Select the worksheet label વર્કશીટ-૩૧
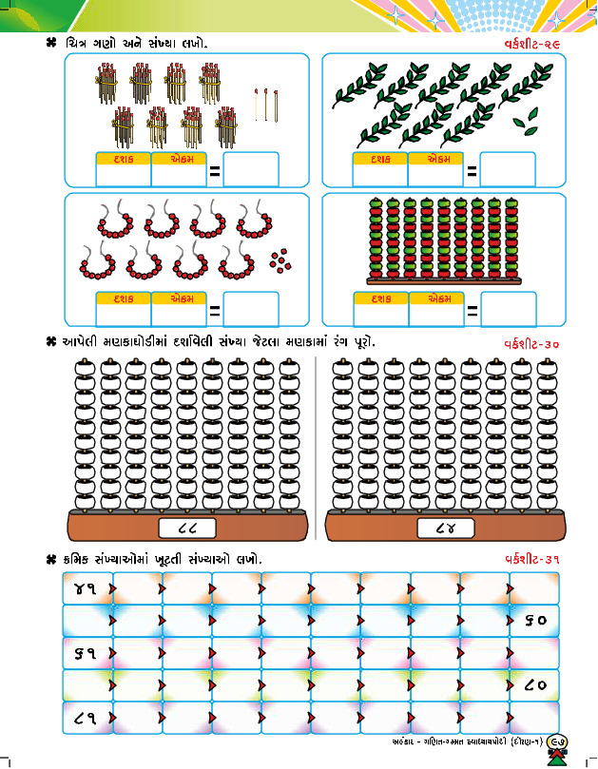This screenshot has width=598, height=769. click(531, 559)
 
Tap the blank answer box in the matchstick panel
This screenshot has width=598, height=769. click(251, 170)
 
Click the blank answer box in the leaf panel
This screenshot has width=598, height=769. click(508, 170)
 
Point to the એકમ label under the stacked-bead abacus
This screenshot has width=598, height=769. click(436, 298)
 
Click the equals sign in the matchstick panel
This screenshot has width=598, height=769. click(215, 172)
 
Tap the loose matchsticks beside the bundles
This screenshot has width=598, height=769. click(267, 104)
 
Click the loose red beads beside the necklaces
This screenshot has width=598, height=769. click(279, 258)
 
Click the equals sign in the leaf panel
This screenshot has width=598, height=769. click(472, 172)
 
